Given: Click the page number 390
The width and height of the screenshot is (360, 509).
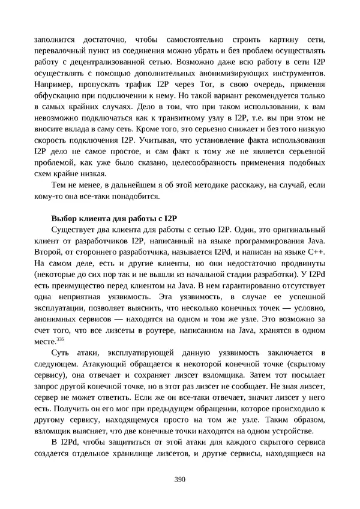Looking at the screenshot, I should point(179,479).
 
